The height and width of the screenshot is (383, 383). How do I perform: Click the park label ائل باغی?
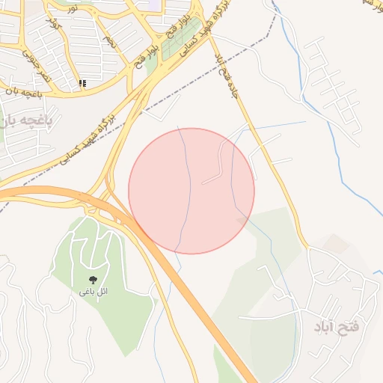coord(94,291)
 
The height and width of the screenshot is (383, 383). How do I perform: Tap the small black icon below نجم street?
coord(82,83)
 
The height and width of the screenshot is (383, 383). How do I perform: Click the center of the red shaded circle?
coord(191,191)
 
